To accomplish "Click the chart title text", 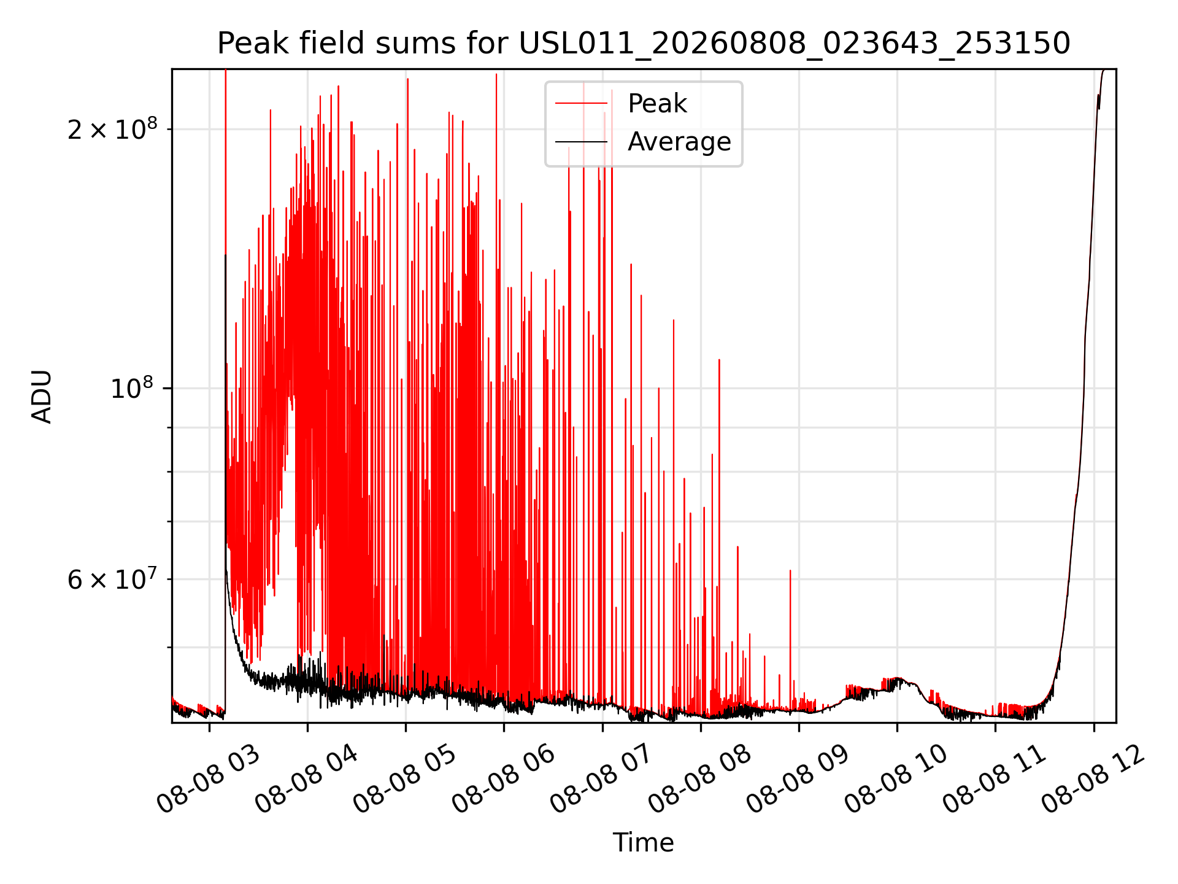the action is coord(644,44).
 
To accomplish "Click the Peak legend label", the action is coord(657,104).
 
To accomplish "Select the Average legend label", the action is coord(679,142).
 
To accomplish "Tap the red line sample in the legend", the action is coord(581,104).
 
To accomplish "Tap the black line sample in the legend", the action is coord(581,142).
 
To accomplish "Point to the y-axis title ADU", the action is coord(42,397).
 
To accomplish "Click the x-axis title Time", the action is coord(643,843).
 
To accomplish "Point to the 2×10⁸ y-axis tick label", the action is coord(112,129).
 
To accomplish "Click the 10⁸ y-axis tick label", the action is coord(134,388).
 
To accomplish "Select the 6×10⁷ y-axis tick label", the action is coord(112,579).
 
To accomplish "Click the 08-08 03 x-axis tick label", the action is coord(209,778).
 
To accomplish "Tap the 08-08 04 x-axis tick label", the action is coord(307,778).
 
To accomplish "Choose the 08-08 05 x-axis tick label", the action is coord(405,778).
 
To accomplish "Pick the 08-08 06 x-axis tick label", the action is coord(503,778).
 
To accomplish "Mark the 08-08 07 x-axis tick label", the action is coord(601,778).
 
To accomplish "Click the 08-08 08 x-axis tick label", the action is coord(699,778).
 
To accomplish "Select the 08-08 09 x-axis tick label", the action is coord(798,778).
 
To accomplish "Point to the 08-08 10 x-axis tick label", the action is coord(896,778).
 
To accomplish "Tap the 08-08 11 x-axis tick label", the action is coord(994,778).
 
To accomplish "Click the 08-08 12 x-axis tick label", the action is coord(1092,778).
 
